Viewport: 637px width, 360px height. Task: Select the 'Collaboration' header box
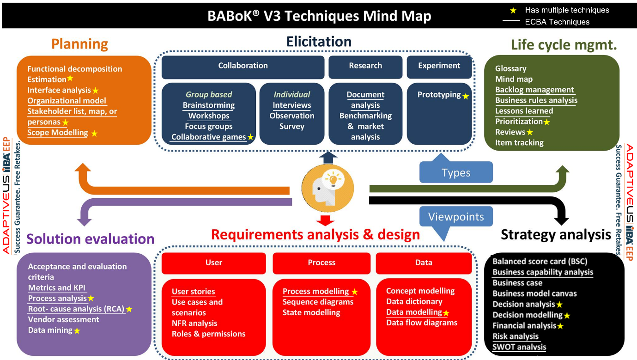(x=243, y=66)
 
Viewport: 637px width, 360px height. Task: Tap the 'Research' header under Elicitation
(x=365, y=66)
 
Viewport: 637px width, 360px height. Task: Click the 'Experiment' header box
(x=439, y=66)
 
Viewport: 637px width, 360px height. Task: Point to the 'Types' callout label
(x=456, y=173)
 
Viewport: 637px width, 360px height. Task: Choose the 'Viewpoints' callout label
(x=456, y=217)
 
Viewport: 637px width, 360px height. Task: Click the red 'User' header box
(x=213, y=263)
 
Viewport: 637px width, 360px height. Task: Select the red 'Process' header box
(x=322, y=263)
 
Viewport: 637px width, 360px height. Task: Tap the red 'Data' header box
(x=424, y=263)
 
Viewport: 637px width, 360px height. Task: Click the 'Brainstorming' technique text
(x=209, y=105)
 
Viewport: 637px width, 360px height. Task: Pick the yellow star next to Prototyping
(x=466, y=96)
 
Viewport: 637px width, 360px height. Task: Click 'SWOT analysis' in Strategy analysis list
(x=519, y=347)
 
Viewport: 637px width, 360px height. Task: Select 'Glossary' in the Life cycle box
(x=510, y=68)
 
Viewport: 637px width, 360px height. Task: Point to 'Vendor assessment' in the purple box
(x=63, y=319)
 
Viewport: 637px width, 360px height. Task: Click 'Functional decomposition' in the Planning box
(x=74, y=69)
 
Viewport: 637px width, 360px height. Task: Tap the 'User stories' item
(x=193, y=292)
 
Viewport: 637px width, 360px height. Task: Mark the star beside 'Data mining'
(x=77, y=330)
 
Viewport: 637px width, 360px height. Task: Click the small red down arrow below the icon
(x=328, y=219)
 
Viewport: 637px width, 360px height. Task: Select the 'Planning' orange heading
(x=79, y=44)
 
